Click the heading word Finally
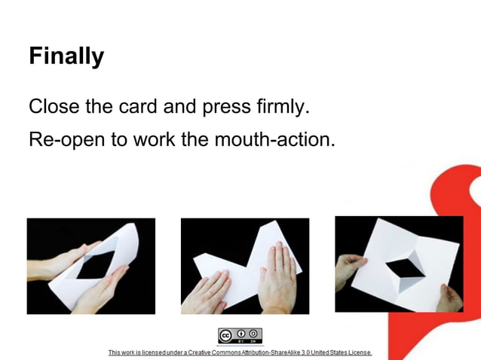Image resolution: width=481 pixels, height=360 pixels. pos(66,56)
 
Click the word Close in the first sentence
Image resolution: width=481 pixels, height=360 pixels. pos(54,106)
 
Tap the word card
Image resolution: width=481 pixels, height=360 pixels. pos(139,106)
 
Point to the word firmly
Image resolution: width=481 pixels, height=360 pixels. pos(283,107)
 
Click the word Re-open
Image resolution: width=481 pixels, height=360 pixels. pos(69,139)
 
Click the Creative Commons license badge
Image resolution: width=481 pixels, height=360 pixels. pos(240,336)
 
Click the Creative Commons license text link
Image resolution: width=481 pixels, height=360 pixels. pos(240,352)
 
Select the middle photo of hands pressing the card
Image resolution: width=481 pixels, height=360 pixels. pos(245,266)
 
